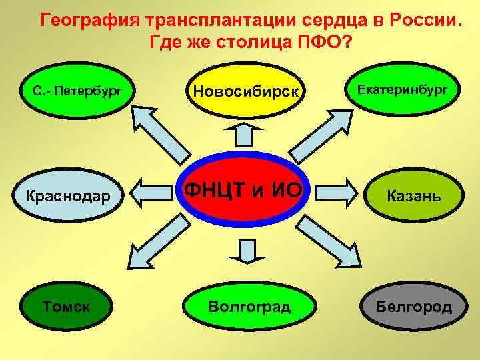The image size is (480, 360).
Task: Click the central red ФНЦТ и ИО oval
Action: coord(243,191)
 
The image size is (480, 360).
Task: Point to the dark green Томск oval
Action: coord(67,307)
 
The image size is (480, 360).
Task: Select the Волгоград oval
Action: coord(249,307)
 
